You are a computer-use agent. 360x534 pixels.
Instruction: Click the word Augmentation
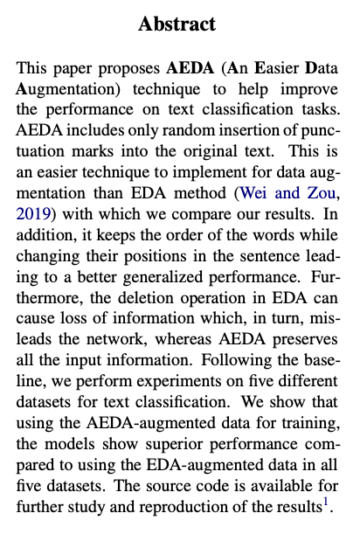61,90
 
